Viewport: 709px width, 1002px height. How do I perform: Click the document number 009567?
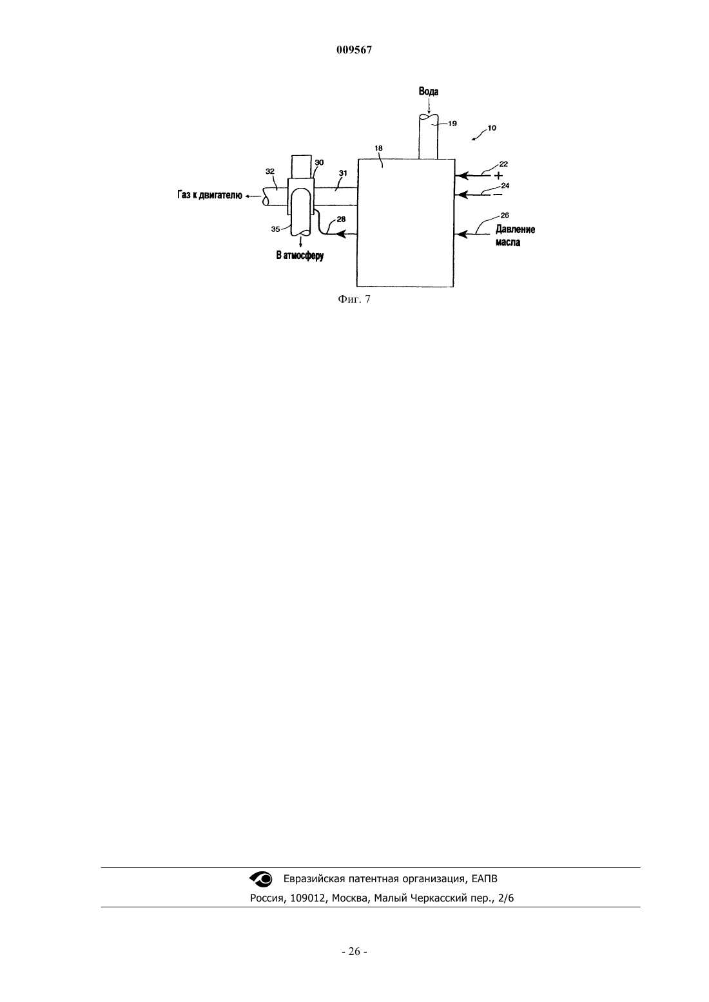pyautogui.click(x=354, y=50)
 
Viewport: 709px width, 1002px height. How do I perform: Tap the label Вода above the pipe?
pyautogui.click(x=429, y=91)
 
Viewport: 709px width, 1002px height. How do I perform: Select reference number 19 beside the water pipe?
pyautogui.click(x=452, y=124)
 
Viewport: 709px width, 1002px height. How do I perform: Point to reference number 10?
pyautogui.click(x=491, y=128)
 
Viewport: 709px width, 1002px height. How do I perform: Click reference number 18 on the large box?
pyautogui.click(x=379, y=148)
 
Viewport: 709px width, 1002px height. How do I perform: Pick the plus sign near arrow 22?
pyautogui.click(x=498, y=176)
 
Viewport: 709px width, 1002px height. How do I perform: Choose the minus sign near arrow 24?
pyautogui.click(x=497, y=195)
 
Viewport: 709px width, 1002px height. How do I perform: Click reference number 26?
pyautogui.click(x=505, y=216)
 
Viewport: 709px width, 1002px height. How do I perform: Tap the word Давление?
pyautogui.click(x=515, y=230)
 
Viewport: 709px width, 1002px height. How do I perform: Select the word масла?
pyautogui.click(x=508, y=243)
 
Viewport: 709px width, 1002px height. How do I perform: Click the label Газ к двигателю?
pyautogui.click(x=210, y=196)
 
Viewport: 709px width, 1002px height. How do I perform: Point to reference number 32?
pyautogui.click(x=270, y=171)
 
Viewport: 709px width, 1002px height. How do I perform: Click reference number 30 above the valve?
pyautogui.click(x=319, y=163)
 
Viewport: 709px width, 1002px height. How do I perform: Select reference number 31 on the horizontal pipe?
pyautogui.click(x=343, y=173)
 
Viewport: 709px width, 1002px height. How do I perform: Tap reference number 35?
pyautogui.click(x=276, y=229)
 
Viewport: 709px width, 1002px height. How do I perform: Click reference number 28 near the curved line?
pyautogui.click(x=341, y=219)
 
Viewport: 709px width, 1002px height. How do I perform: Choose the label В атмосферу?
pyautogui.click(x=300, y=256)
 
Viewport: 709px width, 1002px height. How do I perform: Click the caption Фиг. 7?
pyautogui.click(x=354, y=299)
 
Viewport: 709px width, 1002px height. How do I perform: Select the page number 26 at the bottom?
pyautogui.click(x=354, y=952)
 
